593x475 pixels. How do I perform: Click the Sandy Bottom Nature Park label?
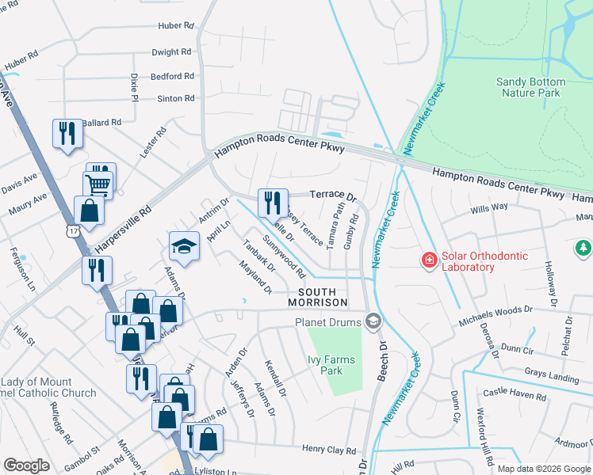pos(530,87)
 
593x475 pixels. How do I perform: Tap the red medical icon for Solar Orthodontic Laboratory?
pos(428,260)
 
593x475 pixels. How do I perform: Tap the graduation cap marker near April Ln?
pos(183,247)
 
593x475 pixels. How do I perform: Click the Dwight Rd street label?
pos(172,52)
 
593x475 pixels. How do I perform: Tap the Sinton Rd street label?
pos(175,99)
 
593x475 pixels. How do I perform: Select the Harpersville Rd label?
pos(123,230)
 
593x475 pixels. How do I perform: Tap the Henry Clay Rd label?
pos(329,450)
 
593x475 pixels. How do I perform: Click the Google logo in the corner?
pos(26,465)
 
